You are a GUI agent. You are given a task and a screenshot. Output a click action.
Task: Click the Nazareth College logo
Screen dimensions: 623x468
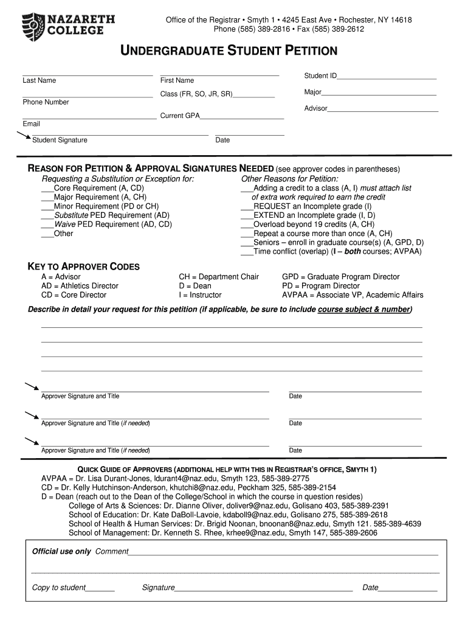(x=68, y=26)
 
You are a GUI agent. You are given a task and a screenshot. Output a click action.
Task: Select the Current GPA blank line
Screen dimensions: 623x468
(x=242, y=116)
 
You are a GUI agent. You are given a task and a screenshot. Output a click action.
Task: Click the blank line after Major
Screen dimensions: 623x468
(x=379, y=93)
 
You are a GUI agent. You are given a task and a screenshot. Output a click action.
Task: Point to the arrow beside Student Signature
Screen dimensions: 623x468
(x=24, y=136)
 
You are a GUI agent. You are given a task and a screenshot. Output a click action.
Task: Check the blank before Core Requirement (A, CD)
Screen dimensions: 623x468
(x=47, y=189)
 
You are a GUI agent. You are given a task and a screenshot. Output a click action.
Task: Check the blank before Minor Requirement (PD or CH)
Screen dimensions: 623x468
(x=47, y=207)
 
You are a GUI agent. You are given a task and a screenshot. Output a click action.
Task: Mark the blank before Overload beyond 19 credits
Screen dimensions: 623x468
(x=247, y=224)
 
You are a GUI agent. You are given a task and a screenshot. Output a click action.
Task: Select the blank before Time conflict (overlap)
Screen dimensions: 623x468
(x=247, y=251)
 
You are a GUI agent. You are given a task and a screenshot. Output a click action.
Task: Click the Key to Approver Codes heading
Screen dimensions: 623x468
(x=84, y=266)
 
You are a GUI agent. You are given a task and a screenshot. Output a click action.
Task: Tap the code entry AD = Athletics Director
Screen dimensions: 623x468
(x=80, y=286)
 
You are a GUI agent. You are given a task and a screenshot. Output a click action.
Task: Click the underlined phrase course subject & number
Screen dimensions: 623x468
(x=364, y=310)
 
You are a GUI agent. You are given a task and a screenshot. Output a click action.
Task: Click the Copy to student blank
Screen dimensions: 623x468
(x=100, y=588)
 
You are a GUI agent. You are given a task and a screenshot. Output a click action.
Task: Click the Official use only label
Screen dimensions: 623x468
(x=61, y=552)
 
